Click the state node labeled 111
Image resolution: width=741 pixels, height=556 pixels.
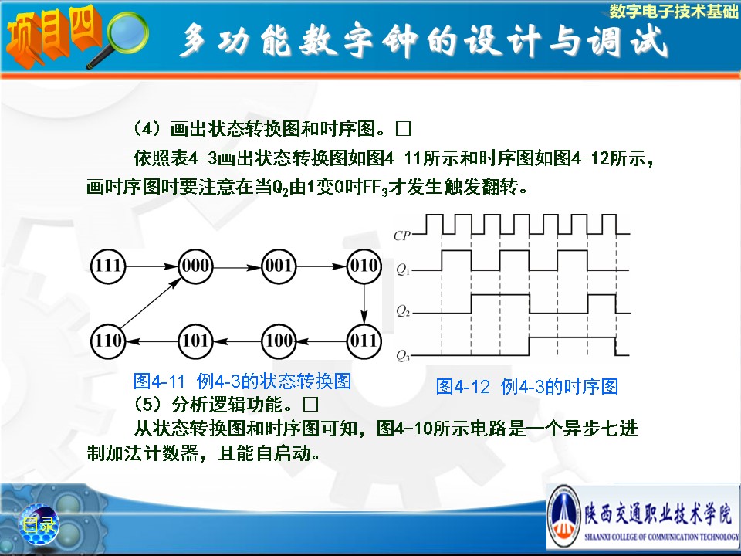108,266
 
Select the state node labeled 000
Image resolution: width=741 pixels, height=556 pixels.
195,266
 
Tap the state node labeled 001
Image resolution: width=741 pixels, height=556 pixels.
279,266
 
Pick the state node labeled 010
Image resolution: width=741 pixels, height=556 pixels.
364,266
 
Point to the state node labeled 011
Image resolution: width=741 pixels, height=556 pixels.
364,341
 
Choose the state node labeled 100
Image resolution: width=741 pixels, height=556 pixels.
279,341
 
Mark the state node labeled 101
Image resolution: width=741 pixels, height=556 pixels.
195,341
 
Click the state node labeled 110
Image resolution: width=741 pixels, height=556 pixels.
108,341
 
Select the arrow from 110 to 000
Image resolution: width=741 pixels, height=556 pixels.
151,303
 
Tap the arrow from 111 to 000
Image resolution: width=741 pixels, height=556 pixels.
152,266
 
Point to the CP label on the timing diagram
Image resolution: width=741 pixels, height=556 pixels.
401,236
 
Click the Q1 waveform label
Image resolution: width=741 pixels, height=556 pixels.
403,270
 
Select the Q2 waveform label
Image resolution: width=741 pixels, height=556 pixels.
403,310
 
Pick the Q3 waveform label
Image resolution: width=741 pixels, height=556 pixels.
403,355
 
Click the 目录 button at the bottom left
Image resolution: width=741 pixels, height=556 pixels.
39,524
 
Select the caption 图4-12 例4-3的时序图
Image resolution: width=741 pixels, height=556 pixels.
527,387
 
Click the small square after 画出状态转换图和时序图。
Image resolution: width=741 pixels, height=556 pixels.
403,128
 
